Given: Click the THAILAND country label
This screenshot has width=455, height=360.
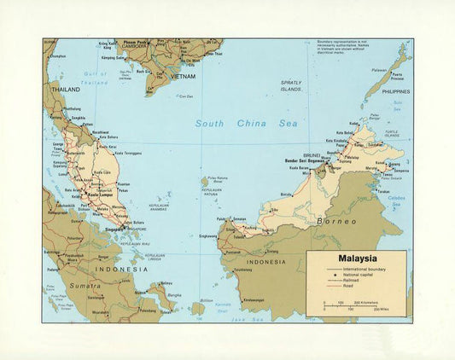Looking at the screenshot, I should point(65,90).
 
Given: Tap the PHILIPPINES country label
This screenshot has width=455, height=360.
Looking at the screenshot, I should point(395,91).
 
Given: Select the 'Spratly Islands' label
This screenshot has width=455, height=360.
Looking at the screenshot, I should point(292,85).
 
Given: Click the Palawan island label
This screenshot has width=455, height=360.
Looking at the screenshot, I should point(380,70).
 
